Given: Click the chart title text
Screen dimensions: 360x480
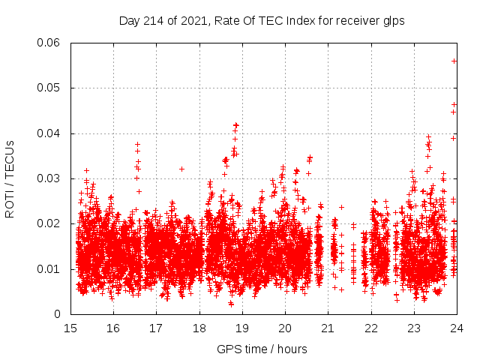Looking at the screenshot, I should coord(262,20).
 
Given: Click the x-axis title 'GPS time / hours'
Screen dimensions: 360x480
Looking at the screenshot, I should coord(262,349).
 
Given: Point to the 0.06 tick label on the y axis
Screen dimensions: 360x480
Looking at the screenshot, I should coord(49,43).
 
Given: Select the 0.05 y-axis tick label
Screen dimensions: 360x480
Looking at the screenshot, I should coord(49,88).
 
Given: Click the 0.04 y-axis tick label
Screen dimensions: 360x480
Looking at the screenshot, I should coord(49,133).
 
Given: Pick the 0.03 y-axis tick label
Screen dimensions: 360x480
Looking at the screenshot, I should coord(49,178).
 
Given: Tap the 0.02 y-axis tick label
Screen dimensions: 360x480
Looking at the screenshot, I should coord(49,223).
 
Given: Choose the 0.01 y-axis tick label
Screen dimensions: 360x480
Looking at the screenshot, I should coord(49,269).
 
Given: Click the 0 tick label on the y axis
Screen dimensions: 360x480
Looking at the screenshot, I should coord(58,314).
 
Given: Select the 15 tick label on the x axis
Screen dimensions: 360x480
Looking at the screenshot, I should coord(70,328).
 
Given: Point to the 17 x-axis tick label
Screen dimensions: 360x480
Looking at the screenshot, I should coord(156,328).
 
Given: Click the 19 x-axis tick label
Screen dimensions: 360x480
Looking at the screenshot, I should coord(241,328).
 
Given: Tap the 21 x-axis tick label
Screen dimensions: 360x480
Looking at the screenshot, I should coord(327,328).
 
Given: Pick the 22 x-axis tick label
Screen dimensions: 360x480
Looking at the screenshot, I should coord(370,328).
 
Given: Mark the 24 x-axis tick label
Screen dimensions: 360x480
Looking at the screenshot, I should coord(455,328).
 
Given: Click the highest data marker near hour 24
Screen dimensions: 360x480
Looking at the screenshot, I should coord(454,61).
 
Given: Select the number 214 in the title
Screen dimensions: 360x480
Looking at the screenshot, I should coord(152,20).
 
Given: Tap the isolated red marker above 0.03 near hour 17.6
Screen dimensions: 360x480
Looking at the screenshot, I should coord(181,169).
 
